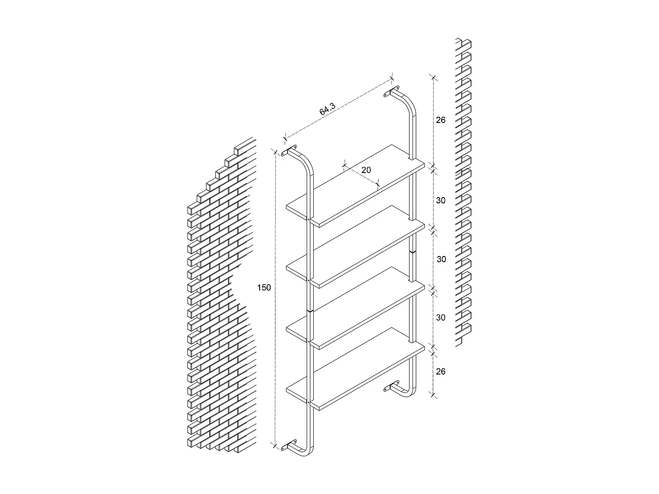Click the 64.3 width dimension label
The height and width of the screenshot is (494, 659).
(x=328, y=108)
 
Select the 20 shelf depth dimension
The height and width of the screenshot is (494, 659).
(x=366, y=170)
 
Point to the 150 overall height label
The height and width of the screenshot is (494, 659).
(x=264, y=288)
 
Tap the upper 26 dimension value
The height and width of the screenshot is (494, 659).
(x=441, y=120)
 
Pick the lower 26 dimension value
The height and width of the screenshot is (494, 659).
(x=441, y=371)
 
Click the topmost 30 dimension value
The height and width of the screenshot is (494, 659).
(x=441, y=201)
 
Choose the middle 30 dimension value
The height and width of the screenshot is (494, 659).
(x=441, y=259)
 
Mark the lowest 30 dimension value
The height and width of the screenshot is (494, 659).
(x=441, y=317)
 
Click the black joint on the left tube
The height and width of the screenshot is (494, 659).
(x=310, y=310)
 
